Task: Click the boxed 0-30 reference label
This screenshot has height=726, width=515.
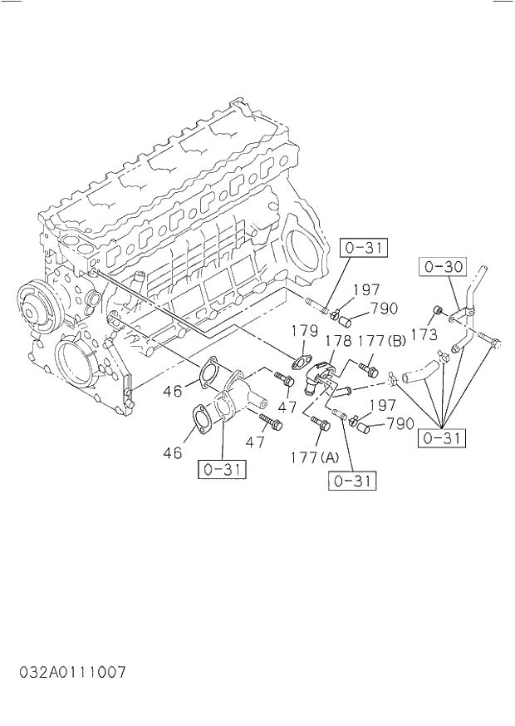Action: pos(443,267)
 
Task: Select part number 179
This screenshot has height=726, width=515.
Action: pos(305,332)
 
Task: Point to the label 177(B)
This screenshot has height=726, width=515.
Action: pos(382,342)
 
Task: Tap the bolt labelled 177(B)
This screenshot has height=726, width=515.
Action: pos(368,368)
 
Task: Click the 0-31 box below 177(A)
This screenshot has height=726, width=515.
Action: pos(352,481)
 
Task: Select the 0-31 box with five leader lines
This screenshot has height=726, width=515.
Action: pos(442,438)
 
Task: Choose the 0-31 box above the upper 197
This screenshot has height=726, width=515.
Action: pos(364,247)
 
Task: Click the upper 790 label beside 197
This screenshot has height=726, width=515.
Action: pos(384,309)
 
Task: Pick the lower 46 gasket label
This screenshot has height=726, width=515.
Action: pos(173,453)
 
